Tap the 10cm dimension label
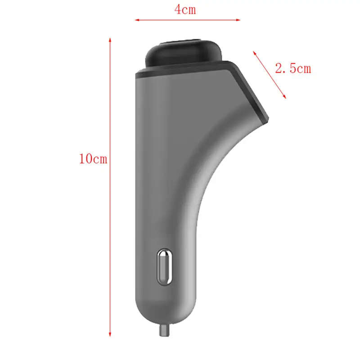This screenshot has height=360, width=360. click(93, 159)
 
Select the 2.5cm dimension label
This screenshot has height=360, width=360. click(292, 68)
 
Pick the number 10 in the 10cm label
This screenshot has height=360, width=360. click(86, 159)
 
